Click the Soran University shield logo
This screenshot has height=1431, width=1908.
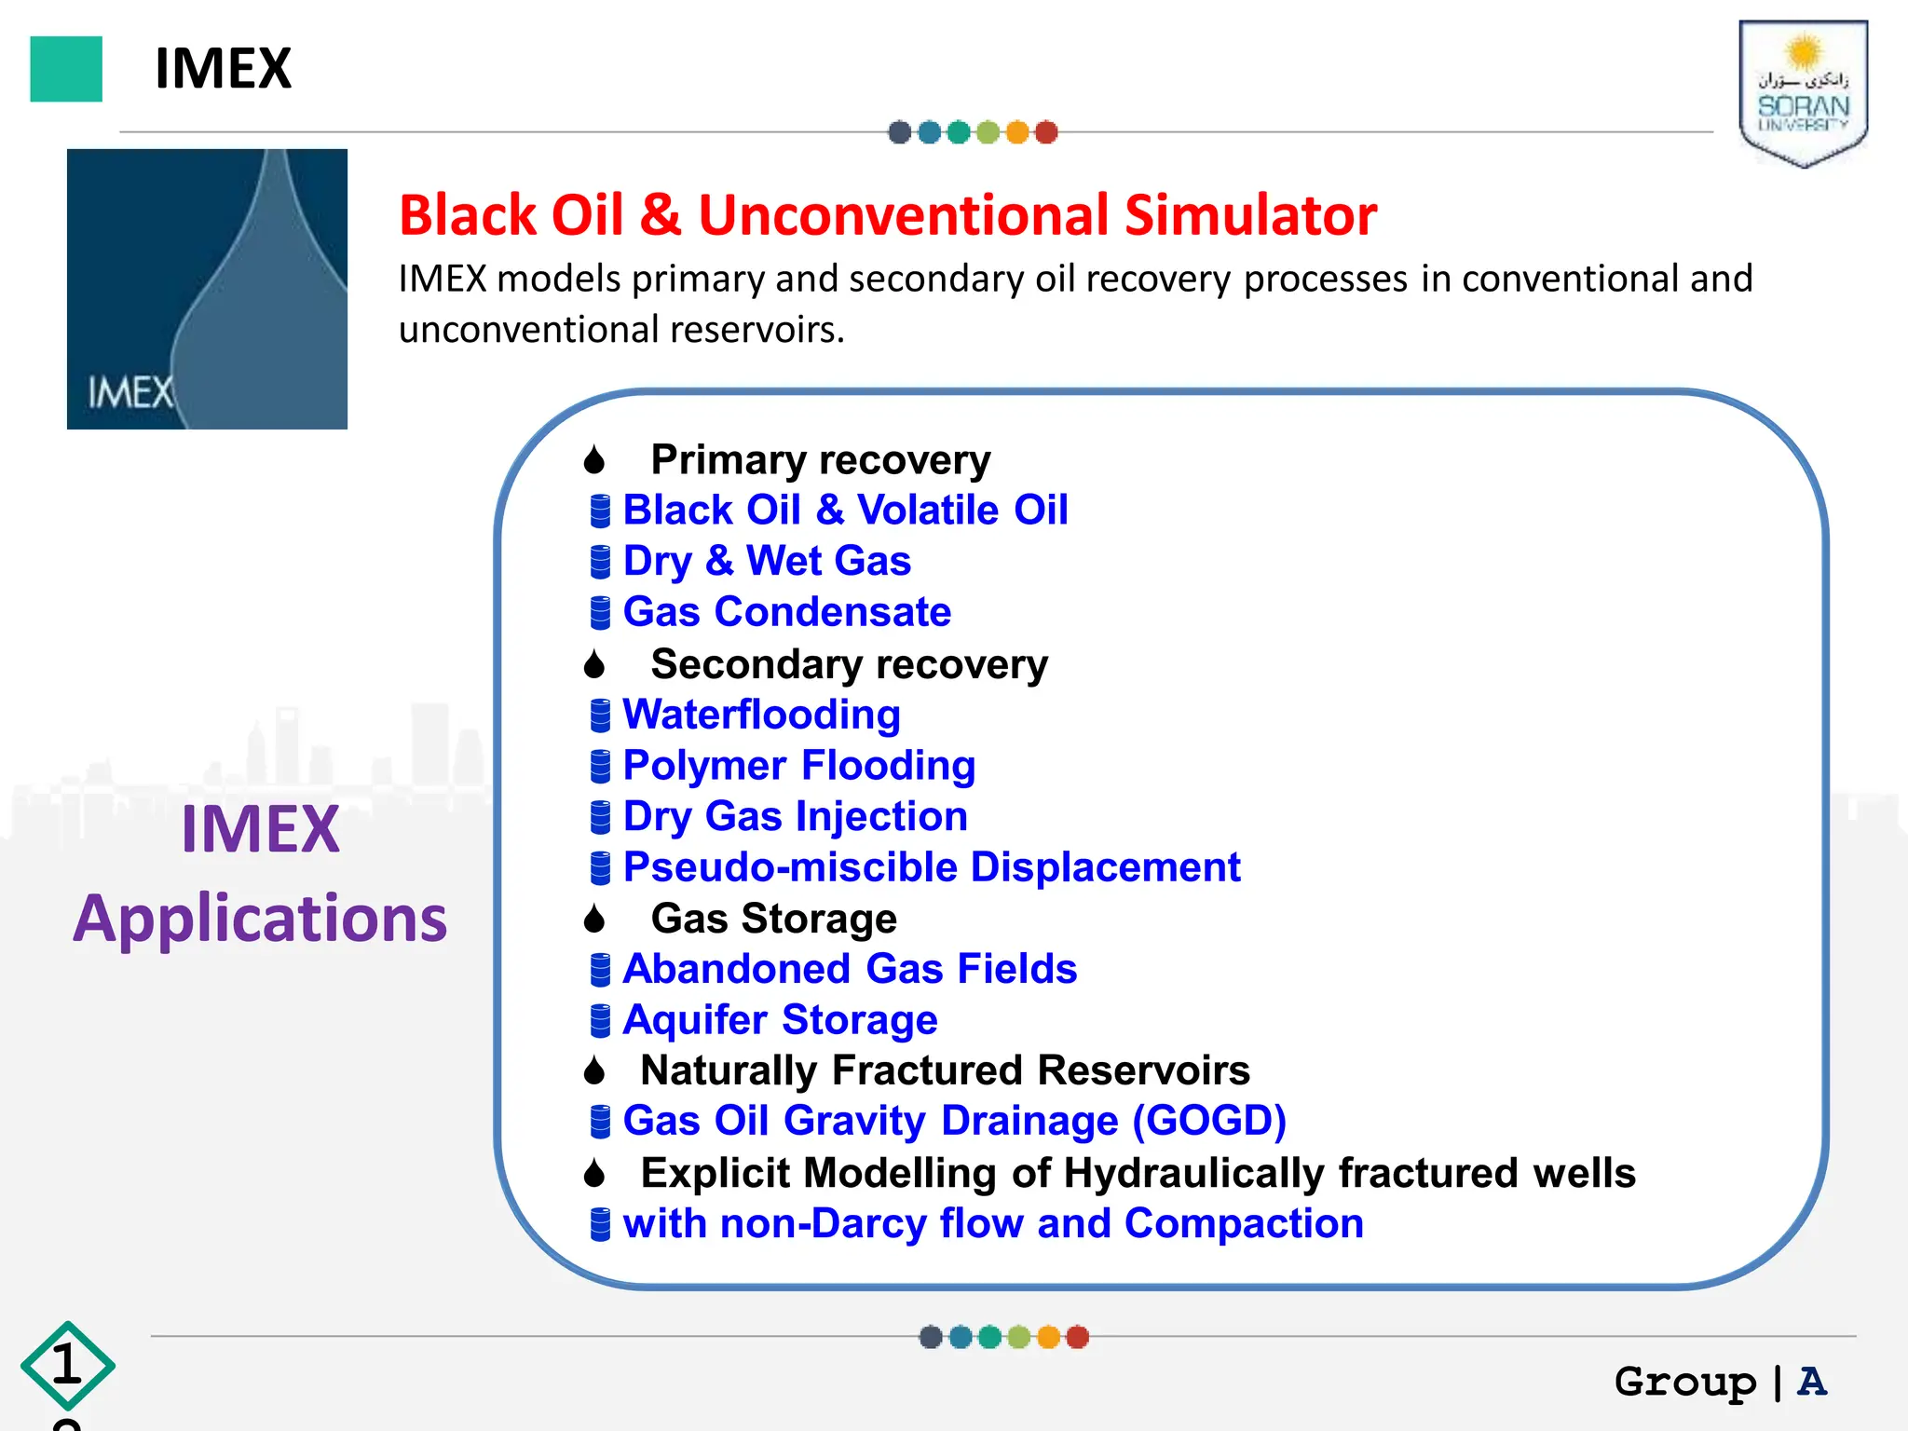tap(1803, 93)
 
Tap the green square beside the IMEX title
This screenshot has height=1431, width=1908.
tap(66, 69)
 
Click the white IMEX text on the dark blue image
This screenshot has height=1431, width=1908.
tap(130, 392)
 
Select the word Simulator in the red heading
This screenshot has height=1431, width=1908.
tap(1250, 215)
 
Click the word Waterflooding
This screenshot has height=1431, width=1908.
tap(761, 715)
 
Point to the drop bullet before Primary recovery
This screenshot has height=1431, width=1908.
tap(594, 460)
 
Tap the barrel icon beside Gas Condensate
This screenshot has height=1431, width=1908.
tap(601, 613)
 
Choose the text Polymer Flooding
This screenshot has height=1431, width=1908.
tap(798, 766)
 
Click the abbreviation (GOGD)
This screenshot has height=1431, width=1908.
tap(1209, 1121)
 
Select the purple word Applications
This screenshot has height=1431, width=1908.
tap(260, 919)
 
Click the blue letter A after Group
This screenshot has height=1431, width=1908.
tap(1812, 1381)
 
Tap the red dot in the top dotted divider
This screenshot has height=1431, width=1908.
tap(1046, 132)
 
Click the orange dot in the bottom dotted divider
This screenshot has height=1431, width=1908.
tap(1049, 1337)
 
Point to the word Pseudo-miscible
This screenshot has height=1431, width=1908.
tap(790, 867)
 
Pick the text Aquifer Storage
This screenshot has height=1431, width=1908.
tap(780, 1020)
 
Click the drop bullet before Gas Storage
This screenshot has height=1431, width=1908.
tap(594, 920)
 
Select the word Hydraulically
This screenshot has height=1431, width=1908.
tap(1193, 1173)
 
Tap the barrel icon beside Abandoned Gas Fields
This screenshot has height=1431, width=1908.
tap(601, 970)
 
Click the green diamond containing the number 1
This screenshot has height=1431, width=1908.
tap(67, 1366)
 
